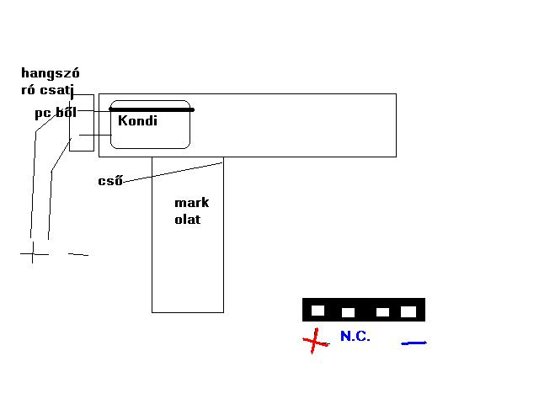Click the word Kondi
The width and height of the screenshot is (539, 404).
[x=137, y=120]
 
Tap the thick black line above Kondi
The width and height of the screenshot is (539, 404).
[x=152, y=109]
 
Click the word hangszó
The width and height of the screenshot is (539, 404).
[x=50, y=73]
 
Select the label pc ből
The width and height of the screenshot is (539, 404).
[x=56, y=112]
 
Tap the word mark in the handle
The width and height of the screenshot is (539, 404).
[x=191, y=203]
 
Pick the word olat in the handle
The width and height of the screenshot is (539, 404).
[x=188, y=220]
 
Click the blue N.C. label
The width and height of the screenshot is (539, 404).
[x=355, y=336]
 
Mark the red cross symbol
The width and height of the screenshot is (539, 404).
[x=316, y=341]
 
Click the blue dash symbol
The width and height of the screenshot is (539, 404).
[x=414, y=343]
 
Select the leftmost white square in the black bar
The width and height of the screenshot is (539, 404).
[x=318, y=311]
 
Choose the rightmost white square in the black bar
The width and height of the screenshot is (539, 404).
[x=408, y=311]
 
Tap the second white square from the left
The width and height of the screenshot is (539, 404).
[x=348, y=312]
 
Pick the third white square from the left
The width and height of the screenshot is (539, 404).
[x=382, y=312]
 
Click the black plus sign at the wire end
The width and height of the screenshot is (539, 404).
[x=33, y=253]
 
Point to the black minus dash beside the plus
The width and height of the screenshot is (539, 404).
[x=77, y=254]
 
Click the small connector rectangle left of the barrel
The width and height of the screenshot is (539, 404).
[x=82, y=123]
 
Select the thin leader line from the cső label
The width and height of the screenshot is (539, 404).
[x=173, y=170]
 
